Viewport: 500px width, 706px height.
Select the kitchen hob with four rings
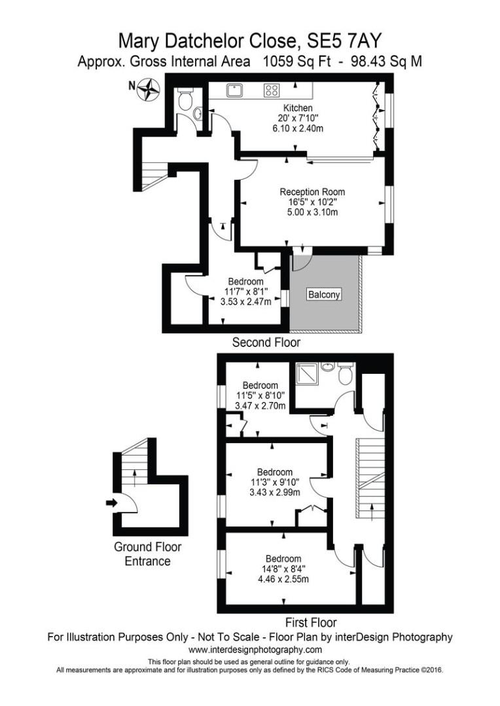[x=272, y=90]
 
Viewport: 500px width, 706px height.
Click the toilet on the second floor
[x=185, y=100]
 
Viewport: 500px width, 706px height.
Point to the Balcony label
[x=325, y=295]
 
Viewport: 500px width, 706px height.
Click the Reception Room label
[x=312, y=192]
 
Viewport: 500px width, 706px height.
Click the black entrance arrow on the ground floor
[x=112, y=502]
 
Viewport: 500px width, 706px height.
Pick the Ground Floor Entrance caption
[x=147, y=554]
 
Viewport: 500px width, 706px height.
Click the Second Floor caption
[x=266, y=342]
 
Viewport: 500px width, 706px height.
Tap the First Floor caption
[x=311, y=622]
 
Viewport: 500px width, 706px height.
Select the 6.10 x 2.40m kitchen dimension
[x=297, y=128]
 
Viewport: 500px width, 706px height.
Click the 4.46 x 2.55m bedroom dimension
[x=283, y=579]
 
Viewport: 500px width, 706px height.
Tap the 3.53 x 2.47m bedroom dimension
[x=245, y=301]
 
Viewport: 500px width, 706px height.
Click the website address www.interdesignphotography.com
[x=255, y=650]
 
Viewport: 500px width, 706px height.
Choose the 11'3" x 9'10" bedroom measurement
[x=274, y=482]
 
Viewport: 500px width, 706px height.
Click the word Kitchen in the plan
[x=298, y=108]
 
